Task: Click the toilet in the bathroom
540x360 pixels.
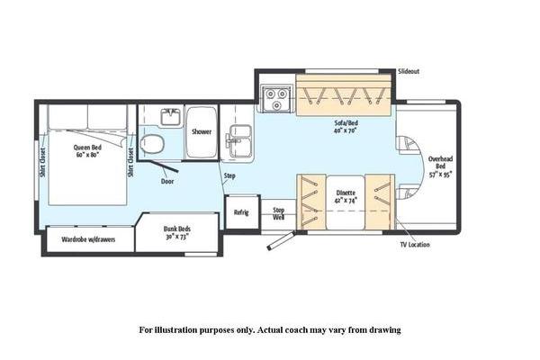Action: coord(152,144)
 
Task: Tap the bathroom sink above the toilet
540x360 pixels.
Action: coord(171,117)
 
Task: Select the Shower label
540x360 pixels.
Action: coord(202,131)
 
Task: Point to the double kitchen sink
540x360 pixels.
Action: coord(238,141)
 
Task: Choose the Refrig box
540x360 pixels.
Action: coord(241,212)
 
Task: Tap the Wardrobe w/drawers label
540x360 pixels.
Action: coord(88,239)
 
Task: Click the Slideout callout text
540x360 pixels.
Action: coord(409,72)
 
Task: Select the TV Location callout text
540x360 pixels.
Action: coord(415,245)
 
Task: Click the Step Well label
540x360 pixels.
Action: coord(279,213)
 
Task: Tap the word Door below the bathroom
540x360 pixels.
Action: coord(167,181)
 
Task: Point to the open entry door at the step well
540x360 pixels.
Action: coord(282,240)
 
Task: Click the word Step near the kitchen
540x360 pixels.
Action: coord(229,176)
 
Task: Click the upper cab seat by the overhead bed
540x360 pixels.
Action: coord(407,145)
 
